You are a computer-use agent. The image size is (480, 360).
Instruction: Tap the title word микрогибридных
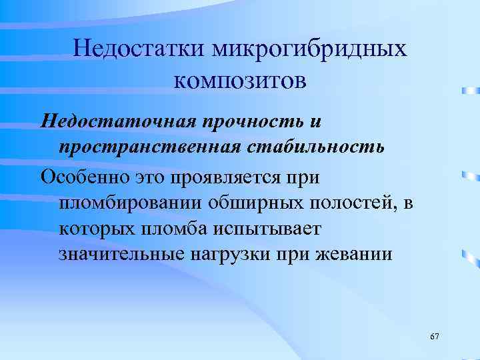click(x=309, y=49)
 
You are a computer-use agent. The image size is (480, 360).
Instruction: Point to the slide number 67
click(x=435, y=336)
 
